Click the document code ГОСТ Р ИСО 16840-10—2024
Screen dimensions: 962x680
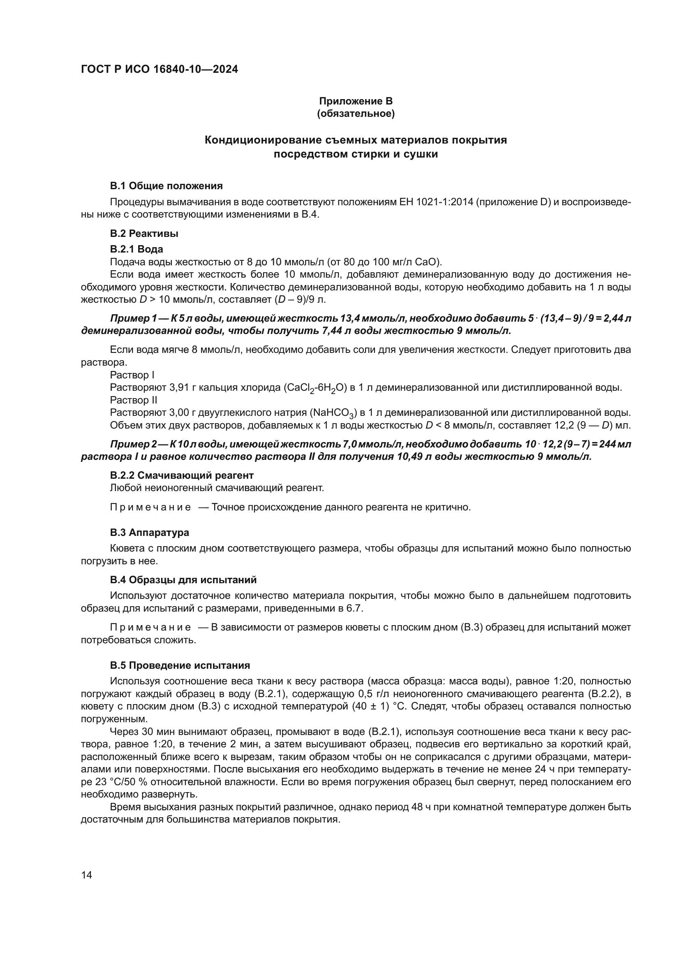coord(159,69)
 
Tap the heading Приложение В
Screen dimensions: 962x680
coord(356,101)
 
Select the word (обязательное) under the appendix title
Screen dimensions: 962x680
coord(356,114)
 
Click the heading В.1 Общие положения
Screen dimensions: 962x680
coord(166,185)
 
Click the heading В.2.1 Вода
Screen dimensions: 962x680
coord(136,249)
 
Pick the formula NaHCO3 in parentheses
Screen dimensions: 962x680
coord(333,413)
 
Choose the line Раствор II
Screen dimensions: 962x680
coord(134,400)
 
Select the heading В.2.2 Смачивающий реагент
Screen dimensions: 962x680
coord(182,475)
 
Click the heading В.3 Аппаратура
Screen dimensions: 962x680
coord(150,533)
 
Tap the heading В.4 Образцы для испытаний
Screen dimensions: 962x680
coord(183,580)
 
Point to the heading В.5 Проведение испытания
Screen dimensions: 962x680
coord(180,665)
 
